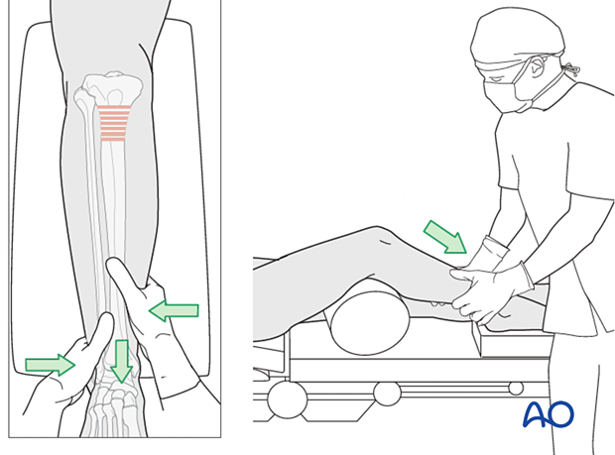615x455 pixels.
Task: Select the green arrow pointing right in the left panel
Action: (x=49, y=365)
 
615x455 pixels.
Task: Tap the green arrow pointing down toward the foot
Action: (x=121, y=361)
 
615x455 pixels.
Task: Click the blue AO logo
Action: (x=548, y=413)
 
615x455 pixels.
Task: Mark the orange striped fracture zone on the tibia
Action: (x=114, y=123)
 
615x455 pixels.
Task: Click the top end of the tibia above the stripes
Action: (x=110, y=87)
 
